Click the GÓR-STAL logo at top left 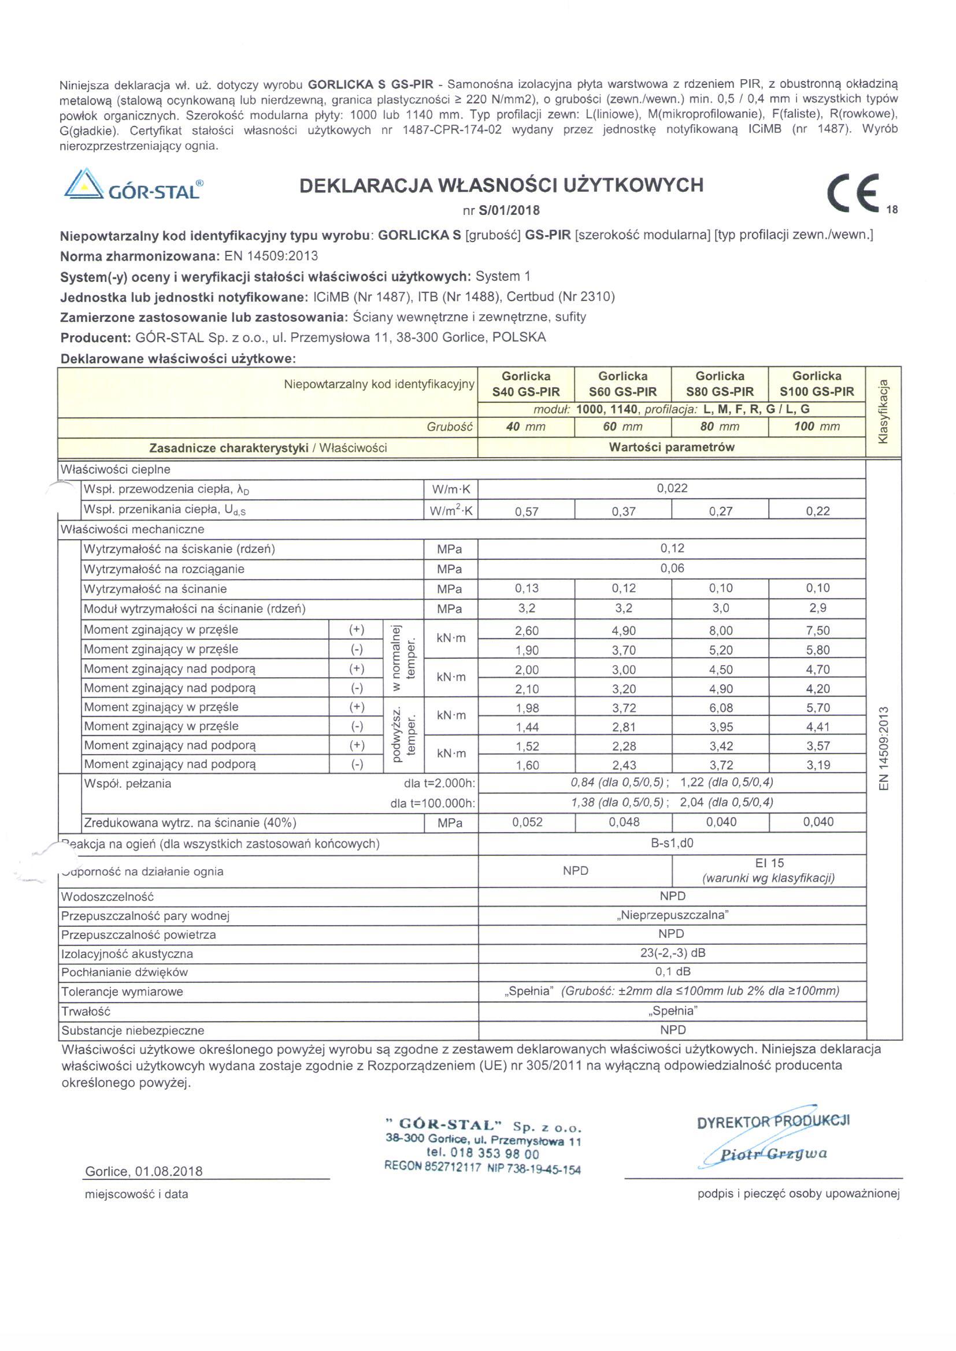[x=134, y=185]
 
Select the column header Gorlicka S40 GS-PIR [x=525, y=384]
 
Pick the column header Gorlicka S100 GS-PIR [x=817, y=384]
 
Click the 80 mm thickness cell [x=720, y=426]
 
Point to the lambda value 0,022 [x=672, y=488]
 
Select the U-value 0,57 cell [x=527, y=511]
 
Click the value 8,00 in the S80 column [x=721, y=631]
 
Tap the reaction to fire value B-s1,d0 [x=672, y=842]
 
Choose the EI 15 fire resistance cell [x=769, y=870]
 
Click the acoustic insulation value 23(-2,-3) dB [x=672, y=953]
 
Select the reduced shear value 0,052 [x=527, y=822]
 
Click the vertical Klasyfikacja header [x=883, y=411]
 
